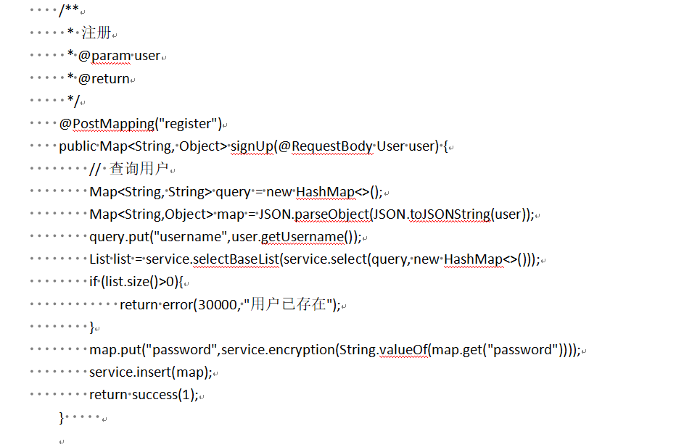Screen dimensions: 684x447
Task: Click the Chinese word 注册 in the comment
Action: point(96,33)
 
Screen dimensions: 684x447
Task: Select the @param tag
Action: point(104,56)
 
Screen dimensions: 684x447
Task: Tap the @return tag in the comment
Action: point(104,78)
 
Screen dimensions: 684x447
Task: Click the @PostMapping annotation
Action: point(106,124)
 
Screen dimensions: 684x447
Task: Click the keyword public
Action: point(77,146)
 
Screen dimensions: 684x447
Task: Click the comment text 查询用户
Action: point(139,169)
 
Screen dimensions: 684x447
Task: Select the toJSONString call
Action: point(451,214)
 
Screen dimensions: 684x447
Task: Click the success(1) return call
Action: point(167,395)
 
